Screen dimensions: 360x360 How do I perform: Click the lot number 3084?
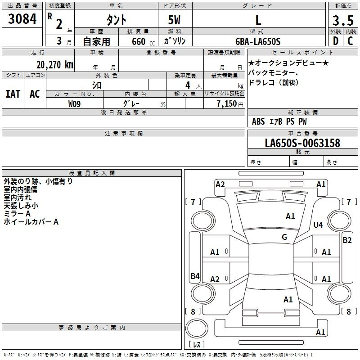point(22,19)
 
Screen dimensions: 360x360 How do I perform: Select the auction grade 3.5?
point(343,21)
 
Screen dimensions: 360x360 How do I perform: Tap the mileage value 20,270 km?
point(55,65)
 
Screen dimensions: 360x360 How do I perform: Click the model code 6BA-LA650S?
point(258,41)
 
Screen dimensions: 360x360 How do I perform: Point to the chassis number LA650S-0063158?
point(302,143)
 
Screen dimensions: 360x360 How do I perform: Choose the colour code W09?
point(74,104)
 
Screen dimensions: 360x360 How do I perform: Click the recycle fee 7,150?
point(227,104)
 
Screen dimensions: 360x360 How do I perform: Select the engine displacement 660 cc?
point(143,42)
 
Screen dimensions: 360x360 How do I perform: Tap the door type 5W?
point(174,20)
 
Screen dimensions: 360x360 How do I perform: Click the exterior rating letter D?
point(336,41)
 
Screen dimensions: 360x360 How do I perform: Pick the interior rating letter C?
point(350,41)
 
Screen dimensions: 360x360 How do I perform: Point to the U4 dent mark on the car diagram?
point(318,225)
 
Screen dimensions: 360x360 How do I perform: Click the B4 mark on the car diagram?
point(195,276)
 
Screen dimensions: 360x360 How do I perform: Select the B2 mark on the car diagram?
point(347,240)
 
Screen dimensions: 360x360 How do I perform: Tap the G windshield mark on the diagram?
point(284,237)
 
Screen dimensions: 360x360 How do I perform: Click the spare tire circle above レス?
point(197,328)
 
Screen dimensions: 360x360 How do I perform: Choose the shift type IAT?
point(13,94)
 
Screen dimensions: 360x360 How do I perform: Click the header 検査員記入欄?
point(92,173)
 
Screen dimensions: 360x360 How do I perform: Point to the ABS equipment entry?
point(258,121)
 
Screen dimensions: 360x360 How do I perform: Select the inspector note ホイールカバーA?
point(31,222)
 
